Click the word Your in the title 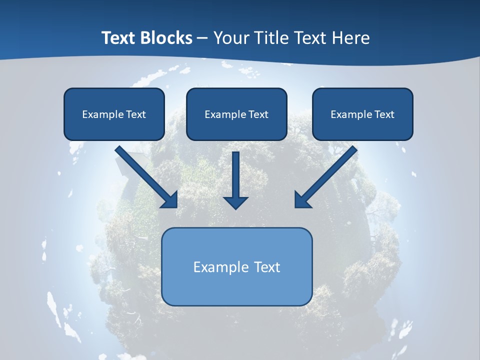point(231,38)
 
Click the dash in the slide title point(202,38)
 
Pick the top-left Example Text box point(114,114)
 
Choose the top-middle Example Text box point(236,114)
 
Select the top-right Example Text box point(362,114)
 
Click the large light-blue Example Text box point(236,266)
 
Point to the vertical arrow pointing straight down point(235,177)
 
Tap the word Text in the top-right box point(384,114)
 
